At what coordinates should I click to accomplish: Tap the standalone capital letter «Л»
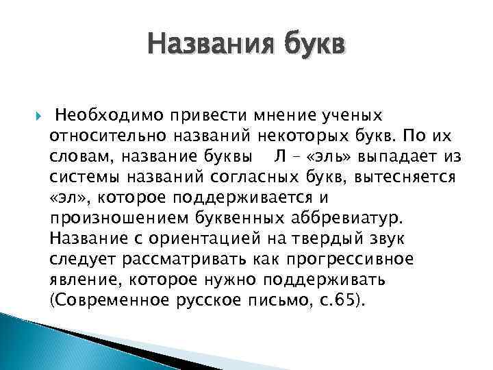(x=280, y=157)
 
